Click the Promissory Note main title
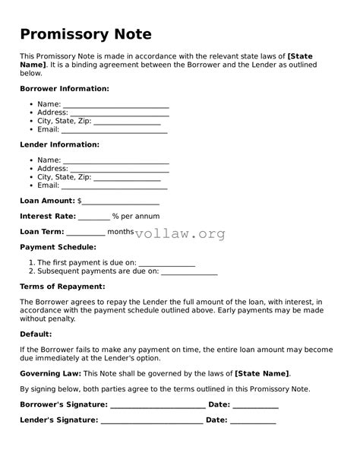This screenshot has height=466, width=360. point(86,34)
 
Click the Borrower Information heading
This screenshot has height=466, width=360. point(65,89)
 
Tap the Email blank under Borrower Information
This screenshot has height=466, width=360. point(114,131)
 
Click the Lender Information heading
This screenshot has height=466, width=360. point(59,144)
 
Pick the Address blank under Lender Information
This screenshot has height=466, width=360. point(119,170)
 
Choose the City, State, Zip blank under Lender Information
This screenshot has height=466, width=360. point(127,178)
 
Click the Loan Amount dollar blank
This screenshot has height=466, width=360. point(120,202)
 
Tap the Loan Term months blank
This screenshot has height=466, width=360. point(86,233)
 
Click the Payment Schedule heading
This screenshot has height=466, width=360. point(58,247)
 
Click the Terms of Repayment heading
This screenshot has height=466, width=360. point(62,287)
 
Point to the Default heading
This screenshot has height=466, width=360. point(36,334)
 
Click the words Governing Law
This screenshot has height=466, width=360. point(49,374)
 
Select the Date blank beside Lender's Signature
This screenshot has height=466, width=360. point(253,421)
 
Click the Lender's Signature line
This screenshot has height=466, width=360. point(152,421)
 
